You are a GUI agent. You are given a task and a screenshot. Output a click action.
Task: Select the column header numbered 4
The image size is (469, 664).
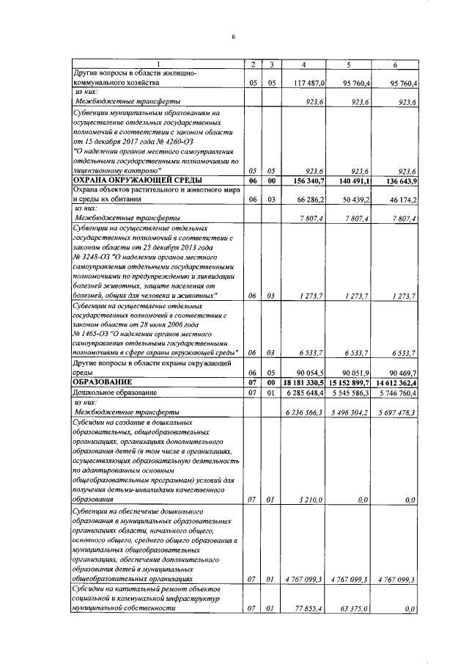click(x=303, y=65)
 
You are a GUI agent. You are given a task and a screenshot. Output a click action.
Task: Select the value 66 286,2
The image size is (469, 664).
click(x=313, y=199)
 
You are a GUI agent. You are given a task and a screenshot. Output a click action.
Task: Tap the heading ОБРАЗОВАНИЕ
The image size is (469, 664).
click(x=102, y=382)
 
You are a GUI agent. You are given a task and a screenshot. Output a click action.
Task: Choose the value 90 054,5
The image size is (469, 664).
click(x=313, y=372)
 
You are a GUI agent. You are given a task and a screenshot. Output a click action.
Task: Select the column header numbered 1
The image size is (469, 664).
click(x=156, y=65)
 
